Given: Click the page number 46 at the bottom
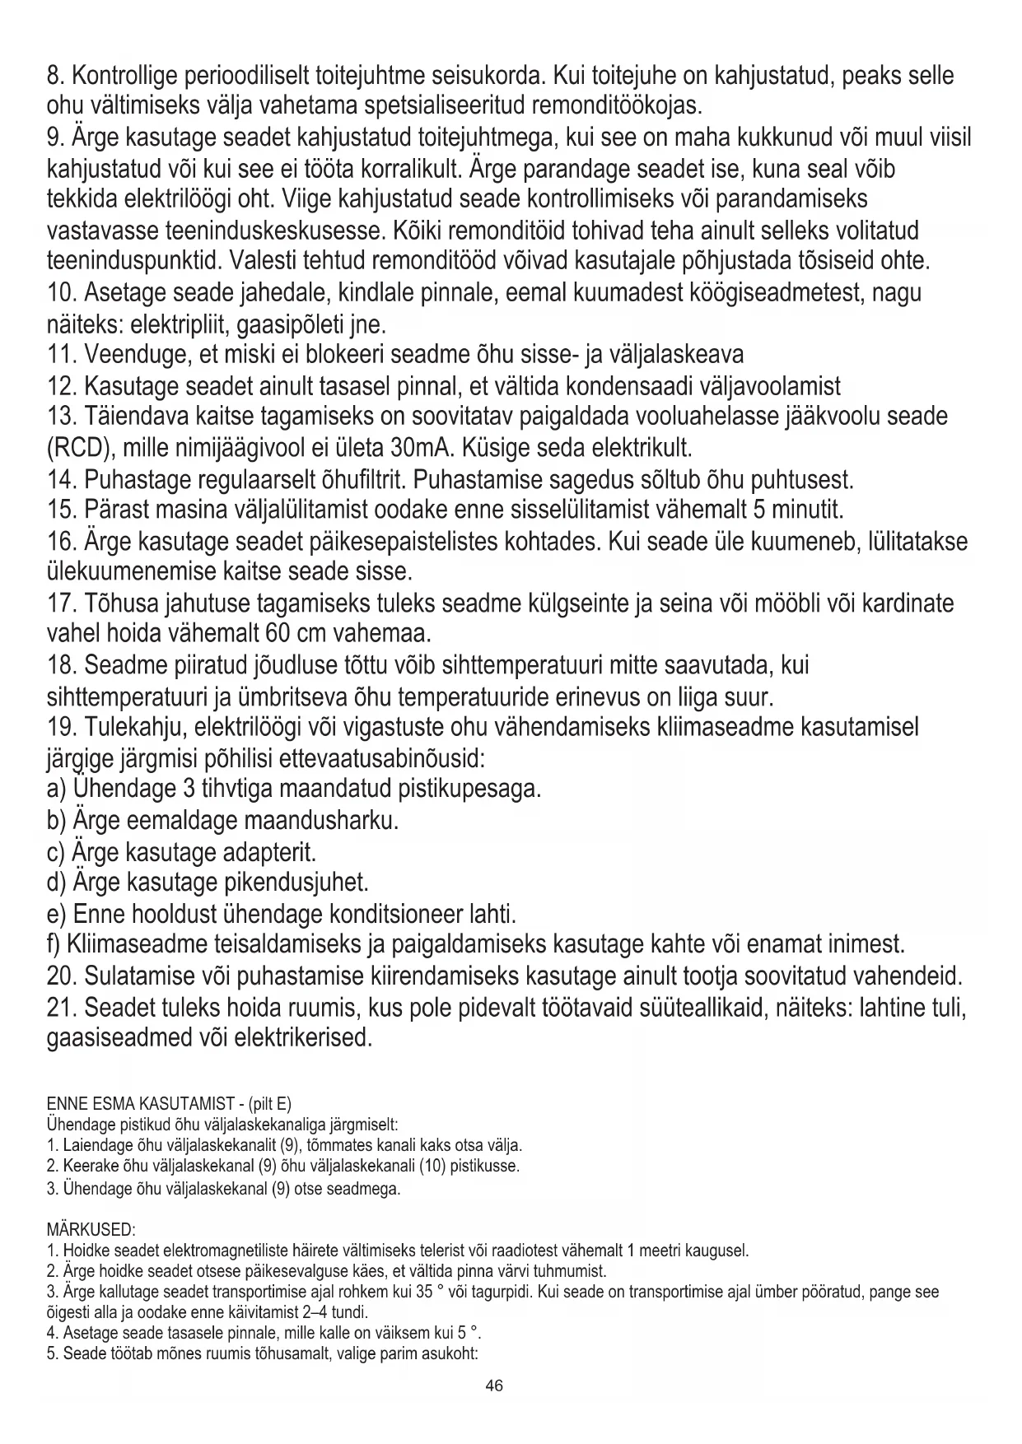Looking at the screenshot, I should click(494, 1385).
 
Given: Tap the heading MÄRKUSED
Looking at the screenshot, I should click(91, 1230).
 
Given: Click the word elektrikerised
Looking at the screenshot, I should click(304, 1037).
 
